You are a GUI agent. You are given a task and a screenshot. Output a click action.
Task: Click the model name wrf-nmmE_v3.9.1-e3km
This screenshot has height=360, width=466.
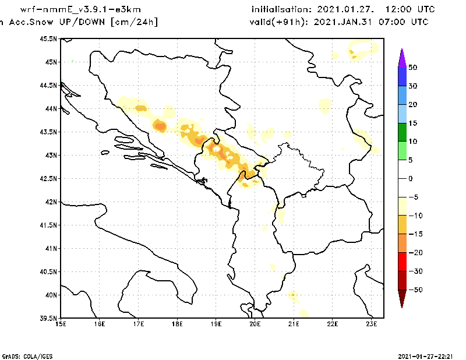[x=80, y=9]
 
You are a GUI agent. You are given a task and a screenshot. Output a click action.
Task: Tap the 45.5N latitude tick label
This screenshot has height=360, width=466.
[x=49, y=38]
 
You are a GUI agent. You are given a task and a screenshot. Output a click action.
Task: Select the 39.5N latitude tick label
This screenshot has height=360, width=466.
[x=49, y=318]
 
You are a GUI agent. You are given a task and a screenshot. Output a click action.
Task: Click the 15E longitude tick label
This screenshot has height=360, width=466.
[x=61, y=324]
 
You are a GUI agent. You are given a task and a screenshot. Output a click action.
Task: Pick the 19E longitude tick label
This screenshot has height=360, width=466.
[x=216, y=324]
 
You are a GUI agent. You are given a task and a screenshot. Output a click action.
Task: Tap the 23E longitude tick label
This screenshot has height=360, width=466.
[x=372, y=324]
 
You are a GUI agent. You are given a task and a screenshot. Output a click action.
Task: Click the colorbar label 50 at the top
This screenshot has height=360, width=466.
[x=412, y=67]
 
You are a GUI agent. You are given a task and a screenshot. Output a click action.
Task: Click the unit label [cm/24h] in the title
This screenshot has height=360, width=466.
[x=133, y=22]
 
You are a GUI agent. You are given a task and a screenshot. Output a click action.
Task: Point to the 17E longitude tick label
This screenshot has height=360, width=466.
[x=138, y=324]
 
